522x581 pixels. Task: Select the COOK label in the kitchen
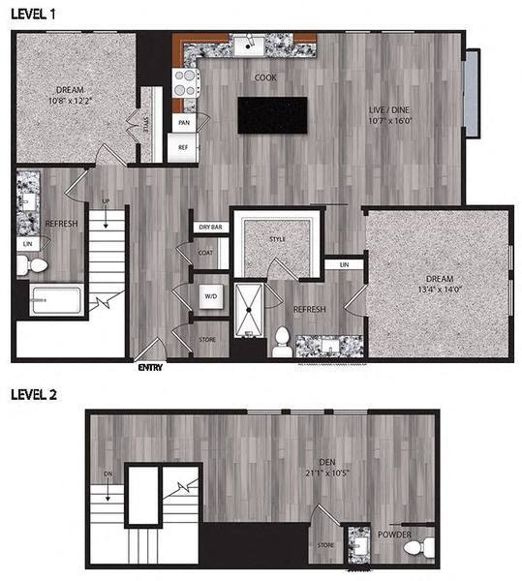pos(266,77)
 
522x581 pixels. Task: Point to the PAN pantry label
pos(183,123)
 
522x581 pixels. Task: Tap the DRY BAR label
pos(211,227)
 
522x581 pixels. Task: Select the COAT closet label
pos(206,254)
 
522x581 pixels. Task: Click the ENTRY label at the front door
pos(150,367)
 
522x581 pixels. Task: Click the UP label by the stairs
pos(106,202)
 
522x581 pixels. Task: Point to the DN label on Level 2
pos(107,474)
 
